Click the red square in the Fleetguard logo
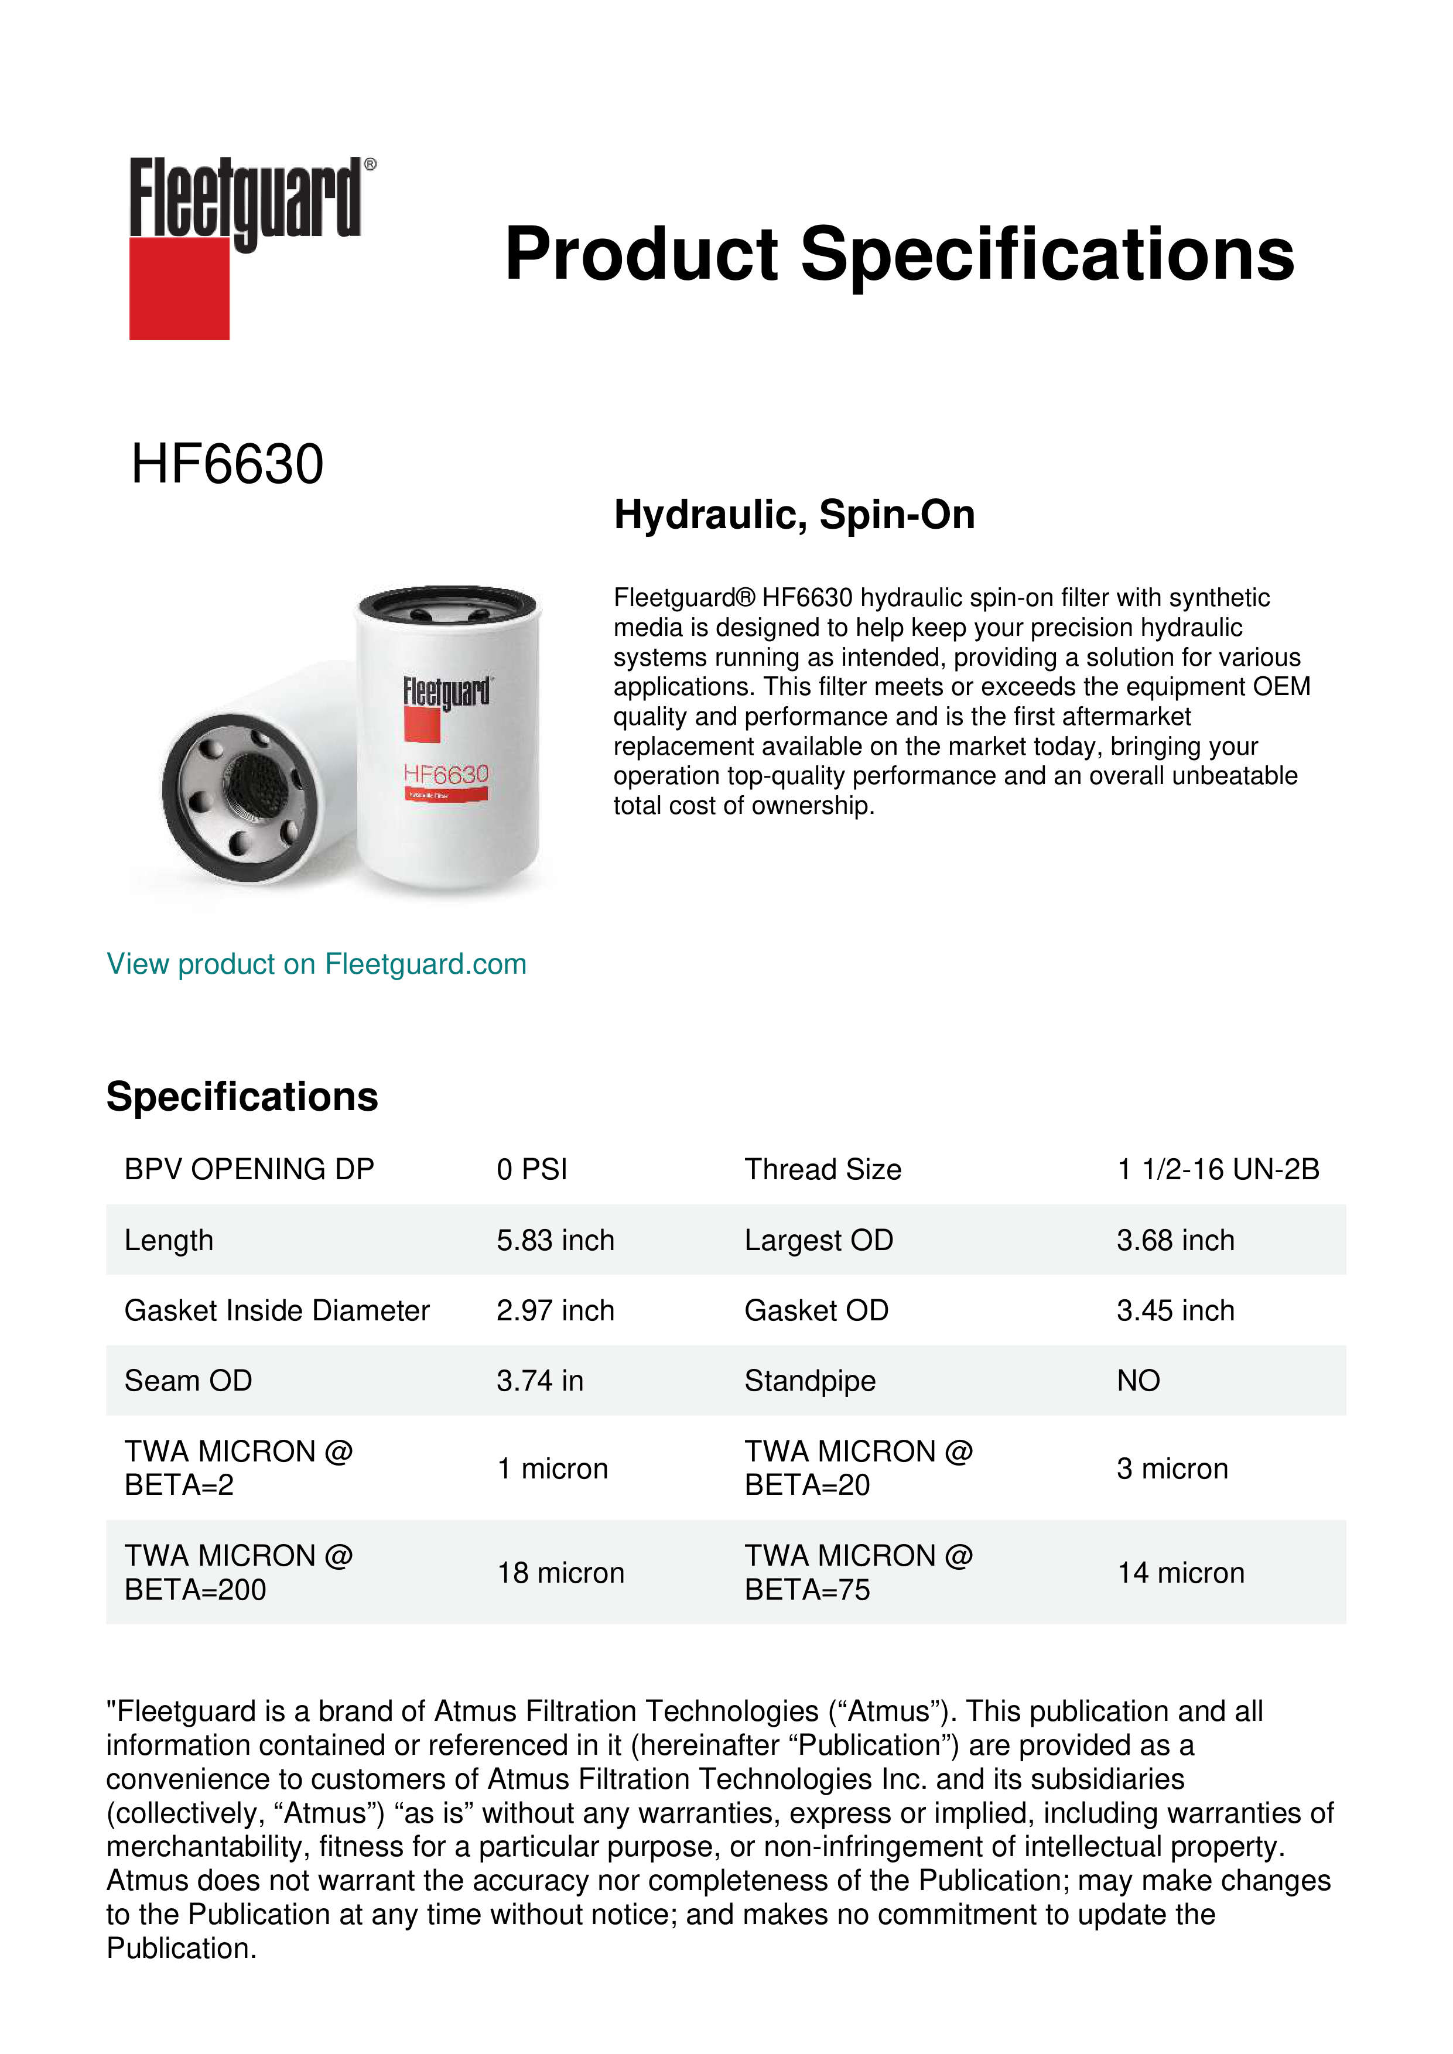[179, 288]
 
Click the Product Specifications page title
[899, 254]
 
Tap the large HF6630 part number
[227, 464]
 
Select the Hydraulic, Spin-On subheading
[794, 515]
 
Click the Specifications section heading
[241, 1097]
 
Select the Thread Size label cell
[822, 1169]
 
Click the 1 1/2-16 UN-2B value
[1218, 1169]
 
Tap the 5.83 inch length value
[555, 1240]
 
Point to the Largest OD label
[819, 1240]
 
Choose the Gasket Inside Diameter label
[276, 1310]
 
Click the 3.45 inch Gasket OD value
[1175, 1310]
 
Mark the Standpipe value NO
[1138, 1381]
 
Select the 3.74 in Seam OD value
[539, 1381]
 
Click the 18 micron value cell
[560, 1573]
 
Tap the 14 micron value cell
[1180, 1573]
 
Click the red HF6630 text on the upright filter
[446, 774]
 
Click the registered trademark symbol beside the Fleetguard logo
[370, 165]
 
